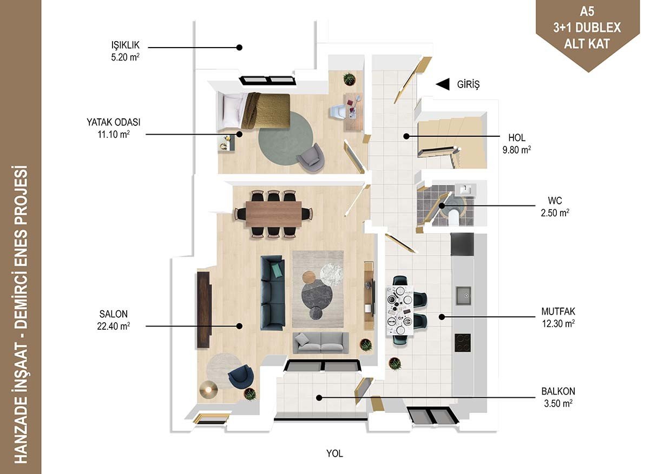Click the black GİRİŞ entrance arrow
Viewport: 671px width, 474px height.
click(x=443, y=84)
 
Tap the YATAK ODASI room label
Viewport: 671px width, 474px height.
click(x=114, y=122)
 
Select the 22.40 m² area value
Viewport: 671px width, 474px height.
click(x=114, y=326)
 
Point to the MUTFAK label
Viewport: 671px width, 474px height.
click(x=558, y=311)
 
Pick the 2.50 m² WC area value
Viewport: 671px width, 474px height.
click(x=555, y=213)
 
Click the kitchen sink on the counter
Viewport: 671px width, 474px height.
click(x=463, y=296)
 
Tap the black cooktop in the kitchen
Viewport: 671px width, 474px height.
click(x=463, y=343)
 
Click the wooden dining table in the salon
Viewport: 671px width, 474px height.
click(x=273, y=214)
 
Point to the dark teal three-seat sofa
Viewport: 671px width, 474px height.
click(x=272, y=292)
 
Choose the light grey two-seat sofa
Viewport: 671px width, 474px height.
click(x=320, y=342)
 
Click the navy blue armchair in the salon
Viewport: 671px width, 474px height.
click(x=241, y=377)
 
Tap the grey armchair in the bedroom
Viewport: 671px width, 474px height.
click(x=311, y=158)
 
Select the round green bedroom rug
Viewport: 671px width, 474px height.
click(x=286, y=138)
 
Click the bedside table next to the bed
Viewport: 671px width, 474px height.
click(x=226, y=143)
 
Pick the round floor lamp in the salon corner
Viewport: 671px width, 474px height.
click(x=208, y=389)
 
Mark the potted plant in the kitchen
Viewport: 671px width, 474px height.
click(x=395, y=364)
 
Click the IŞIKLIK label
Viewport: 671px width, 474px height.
click(x=125, y=45)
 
